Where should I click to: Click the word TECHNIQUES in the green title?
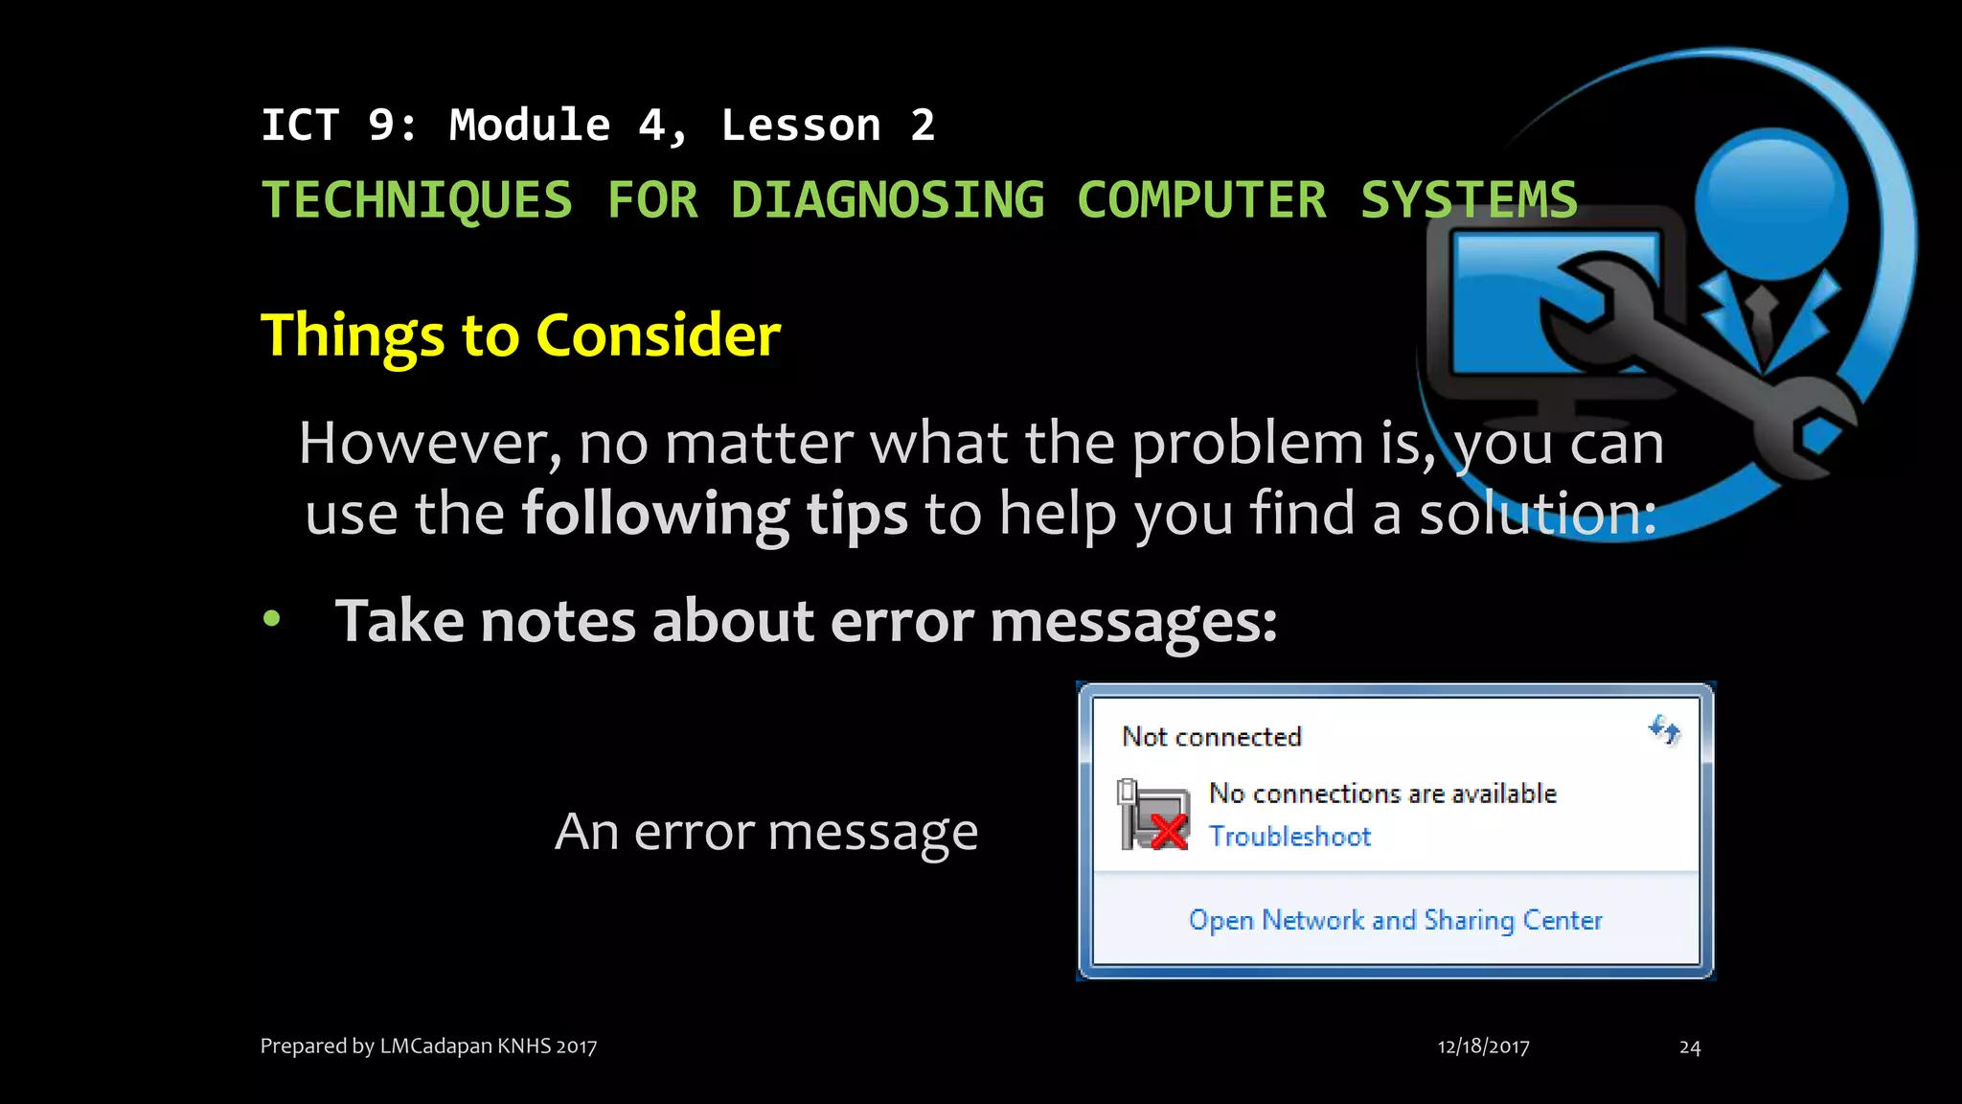[417, 200]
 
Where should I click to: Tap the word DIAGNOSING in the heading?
[887, 200]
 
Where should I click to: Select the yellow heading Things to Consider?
[520, 335]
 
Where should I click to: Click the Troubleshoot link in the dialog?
[1289, 837]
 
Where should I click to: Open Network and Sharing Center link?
[1395, 920]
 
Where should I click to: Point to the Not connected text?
[1212, 737]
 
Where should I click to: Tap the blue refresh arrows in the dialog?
[1664, 731]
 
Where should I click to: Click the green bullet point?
[272, 619]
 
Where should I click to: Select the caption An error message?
[766, 832]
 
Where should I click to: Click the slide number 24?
[1690, 1047]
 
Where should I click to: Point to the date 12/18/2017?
[1483, 1046]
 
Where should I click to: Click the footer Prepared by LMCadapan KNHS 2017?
[428, 1046]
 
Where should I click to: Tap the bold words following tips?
[714, 514]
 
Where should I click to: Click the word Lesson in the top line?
[801, 126]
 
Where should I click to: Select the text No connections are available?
[1382, 793]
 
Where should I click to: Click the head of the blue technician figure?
[1770, 201]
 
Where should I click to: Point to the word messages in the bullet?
[1132, 622]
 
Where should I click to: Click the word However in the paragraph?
[428, 444]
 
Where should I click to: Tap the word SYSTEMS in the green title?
[1469, 200]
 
